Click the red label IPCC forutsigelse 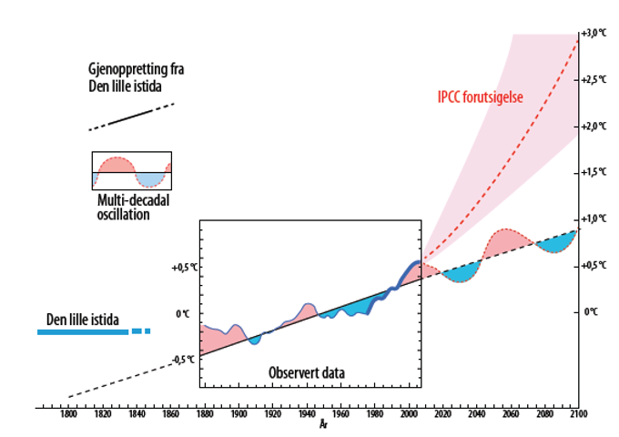pyautogui.click(x=481, y=97)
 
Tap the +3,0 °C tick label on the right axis pyautogui.click(x=594, y=33)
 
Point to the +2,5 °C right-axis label pyautogui.click(x=594, y=80)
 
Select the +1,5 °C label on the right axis pyautogui.click(x=594, y=172)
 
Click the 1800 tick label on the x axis pyautogui.click(x=68, y=414)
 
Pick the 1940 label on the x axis pyautogui.click(x=307, y=414)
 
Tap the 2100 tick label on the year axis pyautogui.click(x=579, y=414)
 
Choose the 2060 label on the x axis pyautogui.click(x=511, y=414)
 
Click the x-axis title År pyautogui.click(x=323, y=425)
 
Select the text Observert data pyautogui.click(x=307, y=372)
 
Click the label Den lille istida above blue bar pyautogui.click(x=83, y=320)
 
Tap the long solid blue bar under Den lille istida pyautogui.click(x=83, y=332)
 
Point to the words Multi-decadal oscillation pyautogui.click(x=133, y=208)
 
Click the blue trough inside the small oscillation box pyautogui.click(x=149, y=179)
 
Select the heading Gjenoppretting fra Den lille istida pyautogui.click(x=136, y=77)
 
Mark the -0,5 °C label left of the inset pyautogui.click(x=183, y=360)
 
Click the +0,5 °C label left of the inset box pyautogui.click(x=185, y=268)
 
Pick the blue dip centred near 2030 pyautogui.click(x=461, y=273)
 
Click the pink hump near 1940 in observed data pyautogui.click(x=305, y=311)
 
